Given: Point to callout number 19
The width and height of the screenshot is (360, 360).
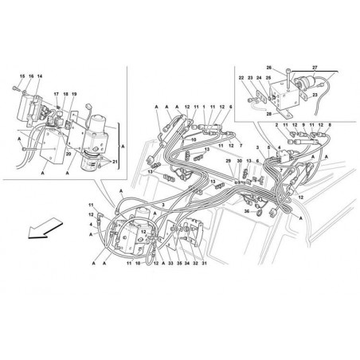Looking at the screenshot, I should pos(75,95).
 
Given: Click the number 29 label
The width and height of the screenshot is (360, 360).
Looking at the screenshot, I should pos(228,162).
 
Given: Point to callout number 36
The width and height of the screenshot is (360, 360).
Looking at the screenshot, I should pos(247,212).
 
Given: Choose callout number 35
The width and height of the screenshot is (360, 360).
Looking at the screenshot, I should pos(180,264).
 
